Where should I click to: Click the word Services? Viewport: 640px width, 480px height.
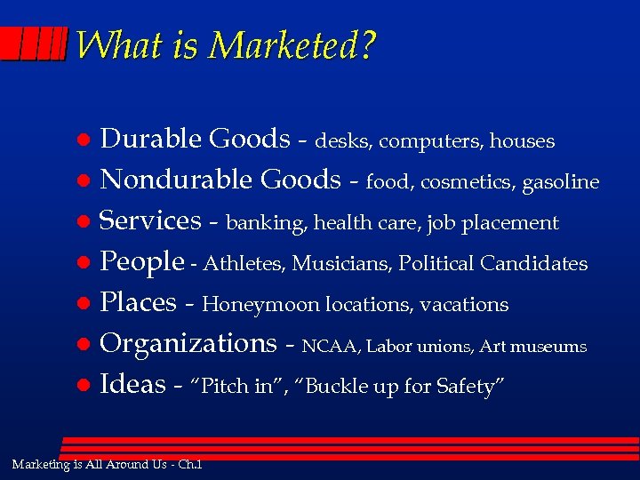pos(150,220)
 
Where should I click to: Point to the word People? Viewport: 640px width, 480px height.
pos(141,262)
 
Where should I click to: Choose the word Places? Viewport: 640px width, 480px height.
pos(138,303)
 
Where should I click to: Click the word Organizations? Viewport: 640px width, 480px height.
pos(188,344)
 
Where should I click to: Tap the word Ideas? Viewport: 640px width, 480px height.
pos(132,385)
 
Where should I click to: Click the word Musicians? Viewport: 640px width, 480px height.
pos(342,264)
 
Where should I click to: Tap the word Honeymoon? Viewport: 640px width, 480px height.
pos(260,305)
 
